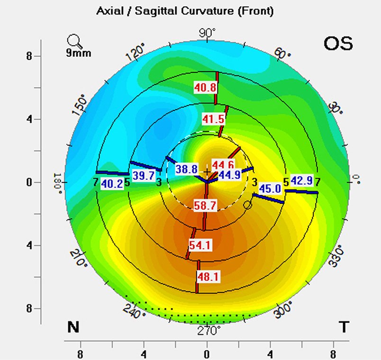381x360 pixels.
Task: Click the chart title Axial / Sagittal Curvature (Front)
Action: [184, 10]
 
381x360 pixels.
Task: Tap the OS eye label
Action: [338, 44]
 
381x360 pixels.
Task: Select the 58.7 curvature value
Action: [206, 205]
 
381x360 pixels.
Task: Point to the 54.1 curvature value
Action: [200, 245]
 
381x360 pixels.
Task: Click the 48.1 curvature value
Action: [208, 277]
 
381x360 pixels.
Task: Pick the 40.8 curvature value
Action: [205, 87]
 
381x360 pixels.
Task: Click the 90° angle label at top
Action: [207, 33]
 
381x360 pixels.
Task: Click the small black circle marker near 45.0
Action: [247, 205]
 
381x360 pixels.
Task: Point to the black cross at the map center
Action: [207, 171]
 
